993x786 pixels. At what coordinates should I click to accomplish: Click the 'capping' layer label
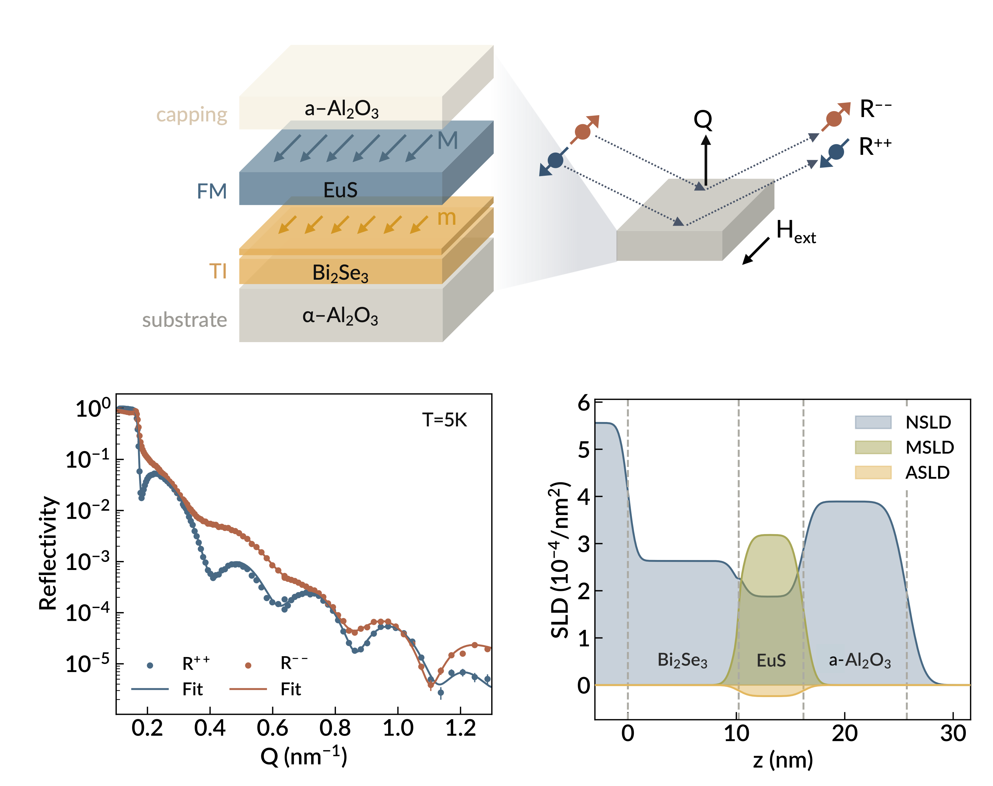point(191,115)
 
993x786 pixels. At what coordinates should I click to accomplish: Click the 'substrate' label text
point(184,320)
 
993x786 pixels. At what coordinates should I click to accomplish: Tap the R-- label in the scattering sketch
point(875,110)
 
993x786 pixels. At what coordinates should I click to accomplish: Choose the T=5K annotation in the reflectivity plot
point(444,420)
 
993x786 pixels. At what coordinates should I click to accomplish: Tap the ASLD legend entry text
point(927,473)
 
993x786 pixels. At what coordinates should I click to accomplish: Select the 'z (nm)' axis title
point(783,760)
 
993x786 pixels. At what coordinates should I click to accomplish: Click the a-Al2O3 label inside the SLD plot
point(859,661)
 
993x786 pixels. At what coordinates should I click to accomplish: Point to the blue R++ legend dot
point(150,665)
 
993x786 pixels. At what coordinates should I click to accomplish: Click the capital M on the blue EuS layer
point(447,140)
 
